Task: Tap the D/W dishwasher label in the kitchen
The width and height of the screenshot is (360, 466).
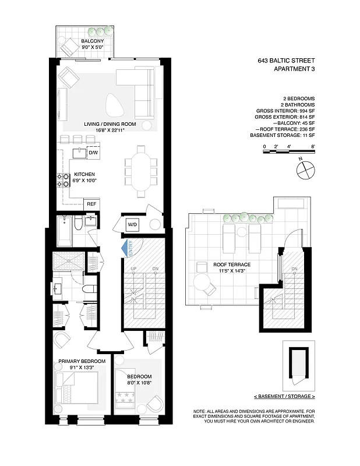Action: (92, 153)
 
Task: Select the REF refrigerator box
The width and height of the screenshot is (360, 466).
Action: (91, 204)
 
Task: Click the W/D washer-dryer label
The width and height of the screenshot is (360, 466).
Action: (132, 224)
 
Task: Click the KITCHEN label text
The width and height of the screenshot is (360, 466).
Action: (84, 174)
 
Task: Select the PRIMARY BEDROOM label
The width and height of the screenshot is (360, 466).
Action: (82, 362)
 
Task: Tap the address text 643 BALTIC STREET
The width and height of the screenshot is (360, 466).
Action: (285, 60)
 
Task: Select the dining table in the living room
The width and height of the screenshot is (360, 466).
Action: (140, 172)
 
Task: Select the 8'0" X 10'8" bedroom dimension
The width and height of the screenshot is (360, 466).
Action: (139, 383)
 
